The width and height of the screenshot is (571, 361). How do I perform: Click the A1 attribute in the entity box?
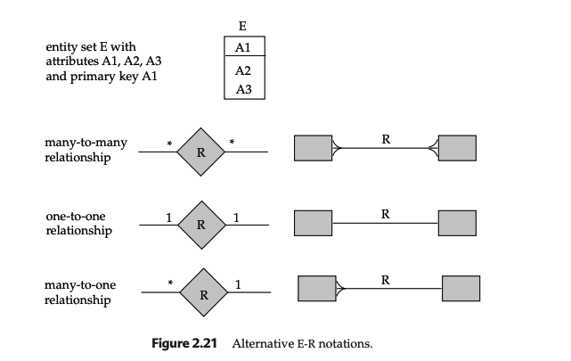tap(242, 47)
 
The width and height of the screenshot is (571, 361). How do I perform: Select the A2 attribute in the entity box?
tap(242, 70)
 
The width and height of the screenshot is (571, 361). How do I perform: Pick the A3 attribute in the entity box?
tap(242, 89)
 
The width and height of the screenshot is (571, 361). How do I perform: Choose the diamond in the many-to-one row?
tap(203, 293)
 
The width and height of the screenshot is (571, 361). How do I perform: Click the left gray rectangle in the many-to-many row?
tap(312, 149)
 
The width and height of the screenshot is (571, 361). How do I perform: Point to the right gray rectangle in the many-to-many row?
tap(456, 149)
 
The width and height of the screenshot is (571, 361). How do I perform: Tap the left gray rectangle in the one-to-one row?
tap(312, 222)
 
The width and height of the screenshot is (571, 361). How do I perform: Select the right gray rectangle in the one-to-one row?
tap(456, 222)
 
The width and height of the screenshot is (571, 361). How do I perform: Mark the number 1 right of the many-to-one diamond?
tap(238, 284)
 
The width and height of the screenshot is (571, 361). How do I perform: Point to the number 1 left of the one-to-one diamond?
tap(168, 215)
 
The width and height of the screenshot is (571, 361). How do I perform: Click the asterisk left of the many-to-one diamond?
tap(170, 285)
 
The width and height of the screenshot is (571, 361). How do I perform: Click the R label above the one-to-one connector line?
tap(385, 214)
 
